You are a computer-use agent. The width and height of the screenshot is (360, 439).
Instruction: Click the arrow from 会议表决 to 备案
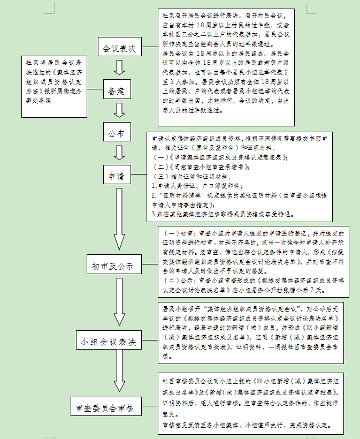(x=119, y=67)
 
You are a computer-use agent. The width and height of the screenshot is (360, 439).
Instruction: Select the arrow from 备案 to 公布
(x=119, y=109)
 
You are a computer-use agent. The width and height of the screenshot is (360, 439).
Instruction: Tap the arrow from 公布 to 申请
(x=119, y=153)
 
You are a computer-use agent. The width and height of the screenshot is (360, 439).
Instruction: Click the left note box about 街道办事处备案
(x=53, y=86)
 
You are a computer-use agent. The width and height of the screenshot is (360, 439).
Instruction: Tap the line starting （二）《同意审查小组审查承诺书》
(x=209, y=166)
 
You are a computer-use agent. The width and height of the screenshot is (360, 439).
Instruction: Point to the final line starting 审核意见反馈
(x=249, y=425)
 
